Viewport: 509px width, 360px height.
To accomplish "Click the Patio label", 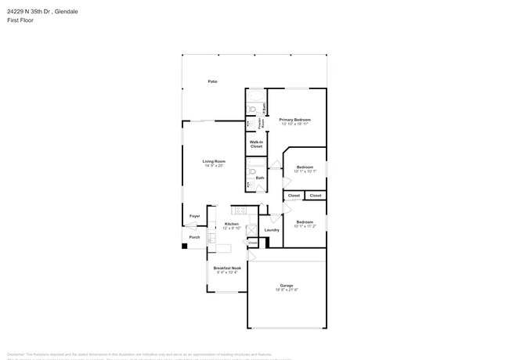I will (212, 81).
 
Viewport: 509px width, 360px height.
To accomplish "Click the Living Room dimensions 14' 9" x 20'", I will (214, 166).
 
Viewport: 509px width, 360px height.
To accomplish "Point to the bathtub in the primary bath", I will (254, 99).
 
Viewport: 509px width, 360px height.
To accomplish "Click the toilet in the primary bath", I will (251, 123).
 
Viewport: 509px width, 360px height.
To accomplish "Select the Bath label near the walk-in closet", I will (260, 178).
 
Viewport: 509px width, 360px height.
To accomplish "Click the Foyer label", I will (194, 216).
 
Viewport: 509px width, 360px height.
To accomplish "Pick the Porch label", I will (194, 237).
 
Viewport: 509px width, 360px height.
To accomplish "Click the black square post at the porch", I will (185, 246).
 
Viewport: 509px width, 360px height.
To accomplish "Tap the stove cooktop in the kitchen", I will (240, 210).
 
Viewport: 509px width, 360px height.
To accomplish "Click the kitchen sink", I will (211, 237).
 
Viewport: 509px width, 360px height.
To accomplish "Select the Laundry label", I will (272, 229).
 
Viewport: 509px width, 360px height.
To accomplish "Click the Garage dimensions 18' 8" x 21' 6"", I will (287, 290).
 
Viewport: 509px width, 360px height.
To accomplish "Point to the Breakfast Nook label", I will (227, 268).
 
